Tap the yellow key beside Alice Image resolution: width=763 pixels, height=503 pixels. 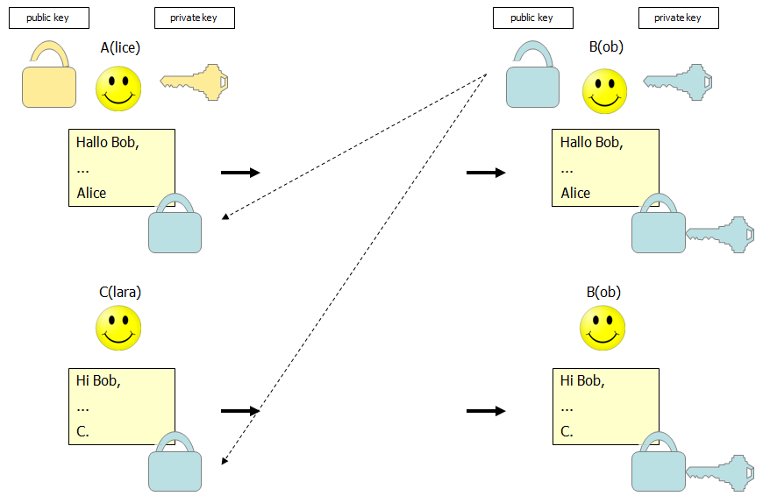(x=194, y=81)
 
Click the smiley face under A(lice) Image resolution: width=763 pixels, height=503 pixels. (x=118, y=89)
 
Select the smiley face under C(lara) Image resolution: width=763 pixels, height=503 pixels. (x=118, y=329)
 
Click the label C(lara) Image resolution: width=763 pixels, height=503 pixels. (x=120, y=292)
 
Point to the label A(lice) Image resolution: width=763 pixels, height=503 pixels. (x=120, y=47)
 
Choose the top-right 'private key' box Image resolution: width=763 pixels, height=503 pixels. (x=678, y=18)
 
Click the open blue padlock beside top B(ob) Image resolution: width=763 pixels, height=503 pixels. (x=533, y=81)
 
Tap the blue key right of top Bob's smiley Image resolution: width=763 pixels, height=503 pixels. (x=678, y=81)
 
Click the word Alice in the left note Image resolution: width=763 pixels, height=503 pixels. (x=91, y=193)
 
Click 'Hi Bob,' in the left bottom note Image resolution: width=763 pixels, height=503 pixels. (x=98, y=380)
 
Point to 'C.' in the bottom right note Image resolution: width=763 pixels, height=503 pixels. (x=567, y=431)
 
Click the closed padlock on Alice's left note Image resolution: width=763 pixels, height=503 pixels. (x=175, y=226)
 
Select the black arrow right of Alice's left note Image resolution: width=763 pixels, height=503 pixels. (x=240, y=173)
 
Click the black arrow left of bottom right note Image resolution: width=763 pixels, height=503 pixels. (x=486, y=410)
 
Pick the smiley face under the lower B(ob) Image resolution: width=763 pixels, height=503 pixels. (x=603, y=329)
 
